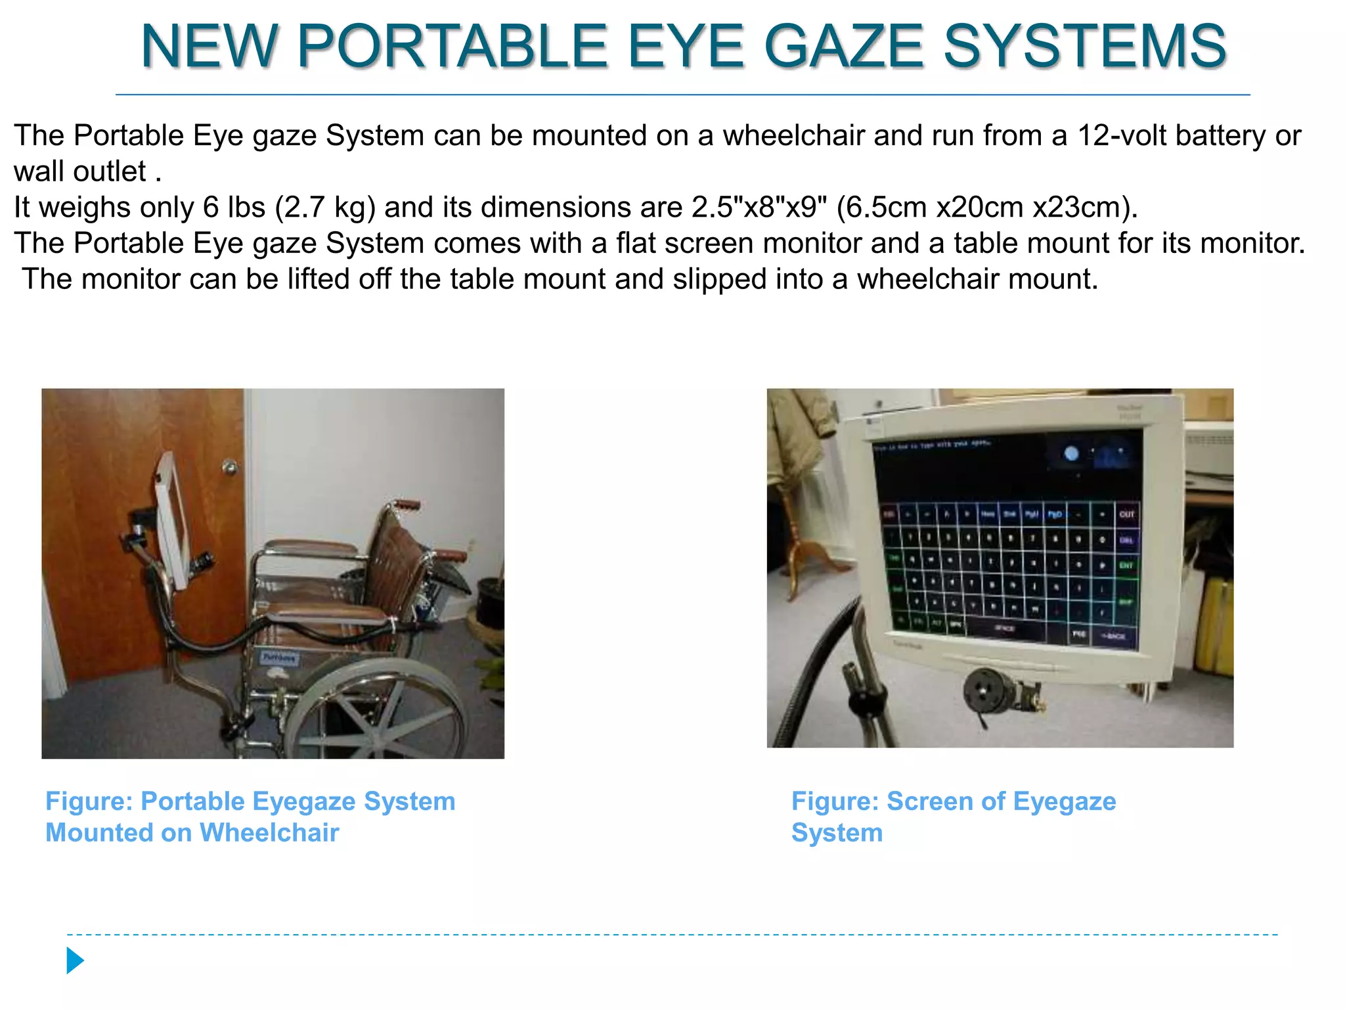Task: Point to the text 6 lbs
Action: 234,208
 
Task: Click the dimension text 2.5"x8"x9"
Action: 759,208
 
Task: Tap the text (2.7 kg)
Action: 325,208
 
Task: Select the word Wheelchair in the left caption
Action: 269,833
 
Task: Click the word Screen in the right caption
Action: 929,801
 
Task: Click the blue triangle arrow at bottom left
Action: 75,960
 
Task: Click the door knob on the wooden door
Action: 229,466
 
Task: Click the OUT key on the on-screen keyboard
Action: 1127,514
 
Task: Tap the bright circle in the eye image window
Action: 1072,453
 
